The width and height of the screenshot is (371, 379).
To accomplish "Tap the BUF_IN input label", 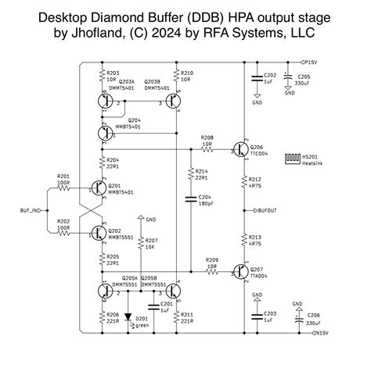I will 31,209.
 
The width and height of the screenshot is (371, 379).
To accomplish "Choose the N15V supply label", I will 320,334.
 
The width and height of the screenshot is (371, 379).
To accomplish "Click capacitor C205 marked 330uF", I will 289,78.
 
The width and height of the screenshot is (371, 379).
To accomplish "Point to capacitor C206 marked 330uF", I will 297,318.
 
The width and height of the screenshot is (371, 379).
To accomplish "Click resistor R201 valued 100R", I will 64,188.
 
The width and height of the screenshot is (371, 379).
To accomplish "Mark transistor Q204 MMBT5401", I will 104,133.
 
